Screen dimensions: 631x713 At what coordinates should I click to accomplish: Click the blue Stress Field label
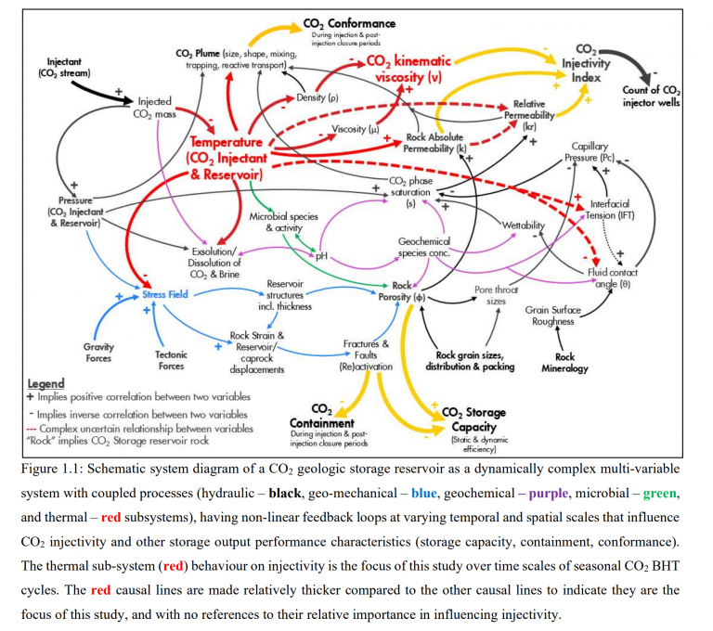[x=167, y=294]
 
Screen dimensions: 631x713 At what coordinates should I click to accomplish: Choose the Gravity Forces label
[x=99, y=353]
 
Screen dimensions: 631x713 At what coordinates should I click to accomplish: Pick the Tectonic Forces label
[x=171, y=359]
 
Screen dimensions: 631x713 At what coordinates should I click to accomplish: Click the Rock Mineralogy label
[x=564, y=362]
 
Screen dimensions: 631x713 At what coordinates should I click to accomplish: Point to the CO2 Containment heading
[x=321, y=416]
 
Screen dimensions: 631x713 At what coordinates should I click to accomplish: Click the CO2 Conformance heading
[x=349, y=23]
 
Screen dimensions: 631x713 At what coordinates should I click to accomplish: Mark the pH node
[x=322, y=255]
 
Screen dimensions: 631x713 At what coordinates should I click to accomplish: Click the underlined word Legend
[x=45, y=383]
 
